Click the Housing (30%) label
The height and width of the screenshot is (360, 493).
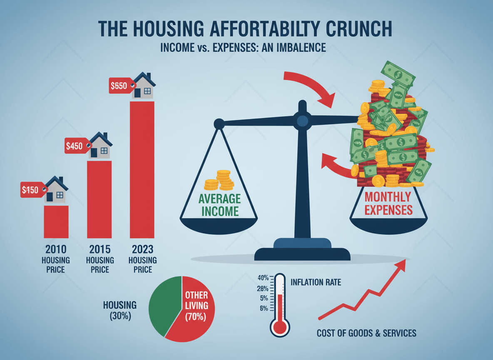point(120,310)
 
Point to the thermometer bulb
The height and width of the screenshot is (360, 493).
point(279,327)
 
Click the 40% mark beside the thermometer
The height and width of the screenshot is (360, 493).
point(263,278)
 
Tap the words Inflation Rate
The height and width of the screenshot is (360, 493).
point(316,282)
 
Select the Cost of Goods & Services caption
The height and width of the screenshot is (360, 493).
point(366,333)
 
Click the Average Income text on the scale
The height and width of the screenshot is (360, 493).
point(219,204)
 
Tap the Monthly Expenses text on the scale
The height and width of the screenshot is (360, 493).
point(388,203)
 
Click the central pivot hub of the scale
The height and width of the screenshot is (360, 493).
point(303,121)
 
